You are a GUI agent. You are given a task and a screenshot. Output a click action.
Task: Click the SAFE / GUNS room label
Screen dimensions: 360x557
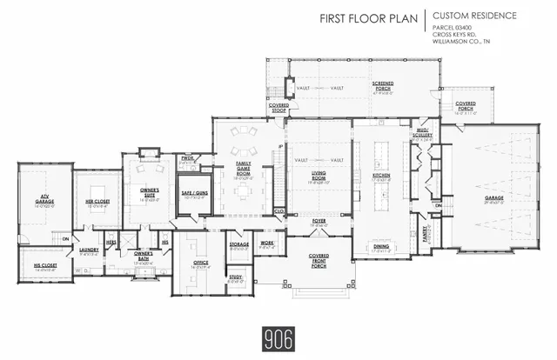(192, 194)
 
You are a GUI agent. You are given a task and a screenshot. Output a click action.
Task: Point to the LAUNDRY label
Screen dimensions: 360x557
(87, 251)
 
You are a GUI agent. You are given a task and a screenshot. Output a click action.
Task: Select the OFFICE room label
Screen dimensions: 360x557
(200, 263)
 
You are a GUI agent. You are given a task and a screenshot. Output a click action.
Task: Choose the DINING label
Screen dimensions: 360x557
(381, 247)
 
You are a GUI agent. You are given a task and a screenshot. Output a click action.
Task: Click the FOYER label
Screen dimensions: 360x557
(319, 221)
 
